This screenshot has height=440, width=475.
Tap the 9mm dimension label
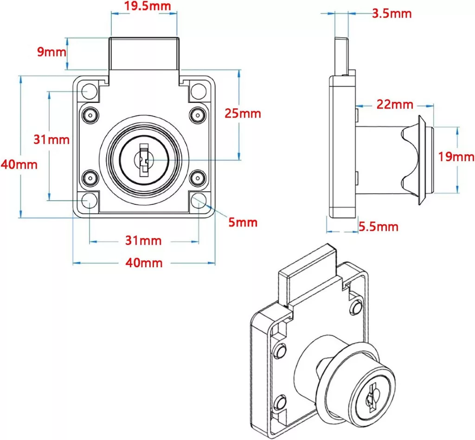(x=51, y=51)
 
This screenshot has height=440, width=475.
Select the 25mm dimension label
(x=243, y=113)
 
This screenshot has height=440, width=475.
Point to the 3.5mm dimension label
(x=392, y=13)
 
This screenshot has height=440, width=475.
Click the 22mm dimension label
(x=394, y=105)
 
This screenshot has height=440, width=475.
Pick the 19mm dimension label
(x=456, y=157)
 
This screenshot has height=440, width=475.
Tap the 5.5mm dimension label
(x=379, y=226)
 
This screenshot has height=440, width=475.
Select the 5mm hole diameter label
(x=243, y=222)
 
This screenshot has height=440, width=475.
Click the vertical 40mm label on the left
(x=19, y=164)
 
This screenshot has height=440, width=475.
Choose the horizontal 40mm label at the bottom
(x=145, y=263)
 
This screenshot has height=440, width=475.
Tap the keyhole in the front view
(x=144, y=160)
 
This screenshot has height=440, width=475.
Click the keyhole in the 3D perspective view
(x=371, y=401)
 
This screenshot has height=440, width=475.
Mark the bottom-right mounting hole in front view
(x=199, y=201)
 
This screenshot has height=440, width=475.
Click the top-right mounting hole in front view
(x=199, y=90)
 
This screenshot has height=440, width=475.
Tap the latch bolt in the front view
(x=144, y=53)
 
